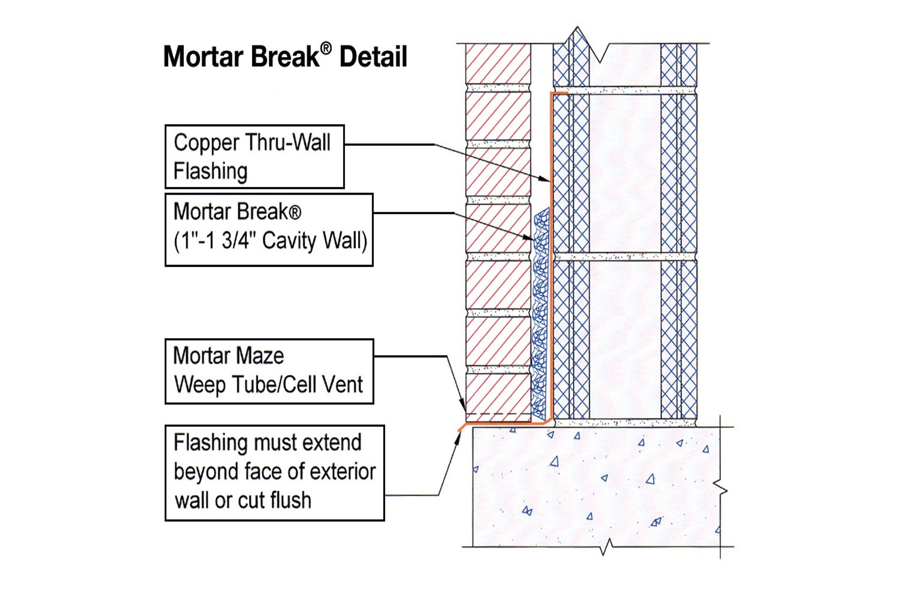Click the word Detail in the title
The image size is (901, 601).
pyautogui.click(x=373, y=57)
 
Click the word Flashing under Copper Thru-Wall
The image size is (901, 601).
pyautogui.click(x=210, y=171)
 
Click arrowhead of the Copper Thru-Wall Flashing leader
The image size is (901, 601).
pyautogui.click(x=545, y=179)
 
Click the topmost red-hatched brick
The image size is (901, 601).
pyautogui.click(x=498, y=63)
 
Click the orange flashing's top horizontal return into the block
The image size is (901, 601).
pyautogui.click(x=560, y=93)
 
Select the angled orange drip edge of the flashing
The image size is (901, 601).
pyautogui.click(x=462, y=427)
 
